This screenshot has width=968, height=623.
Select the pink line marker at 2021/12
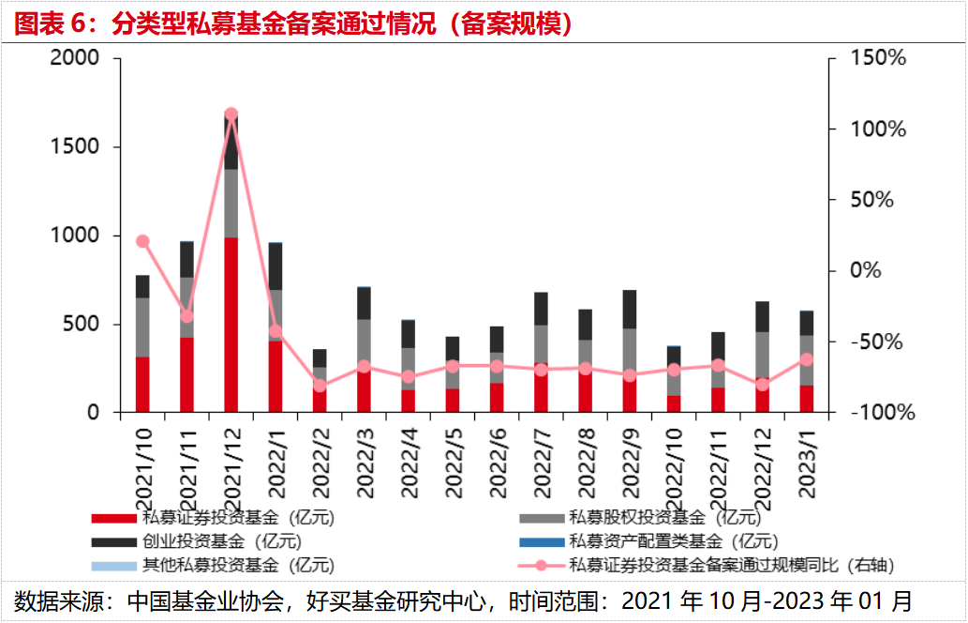pyautogui.click(x=231, y=114)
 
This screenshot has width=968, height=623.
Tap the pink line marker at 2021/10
pyautogui.click(x=142, y=241)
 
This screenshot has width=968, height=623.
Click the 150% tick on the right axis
pyautogui.click(x=878, y=58)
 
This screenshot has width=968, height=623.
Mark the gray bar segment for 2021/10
pyautogui.click(x=142, y=327)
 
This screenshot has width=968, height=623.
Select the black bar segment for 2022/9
pyautogui.click(x=630, y=309)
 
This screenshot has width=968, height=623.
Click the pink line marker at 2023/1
pyautogui.click(x=807, y=359)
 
